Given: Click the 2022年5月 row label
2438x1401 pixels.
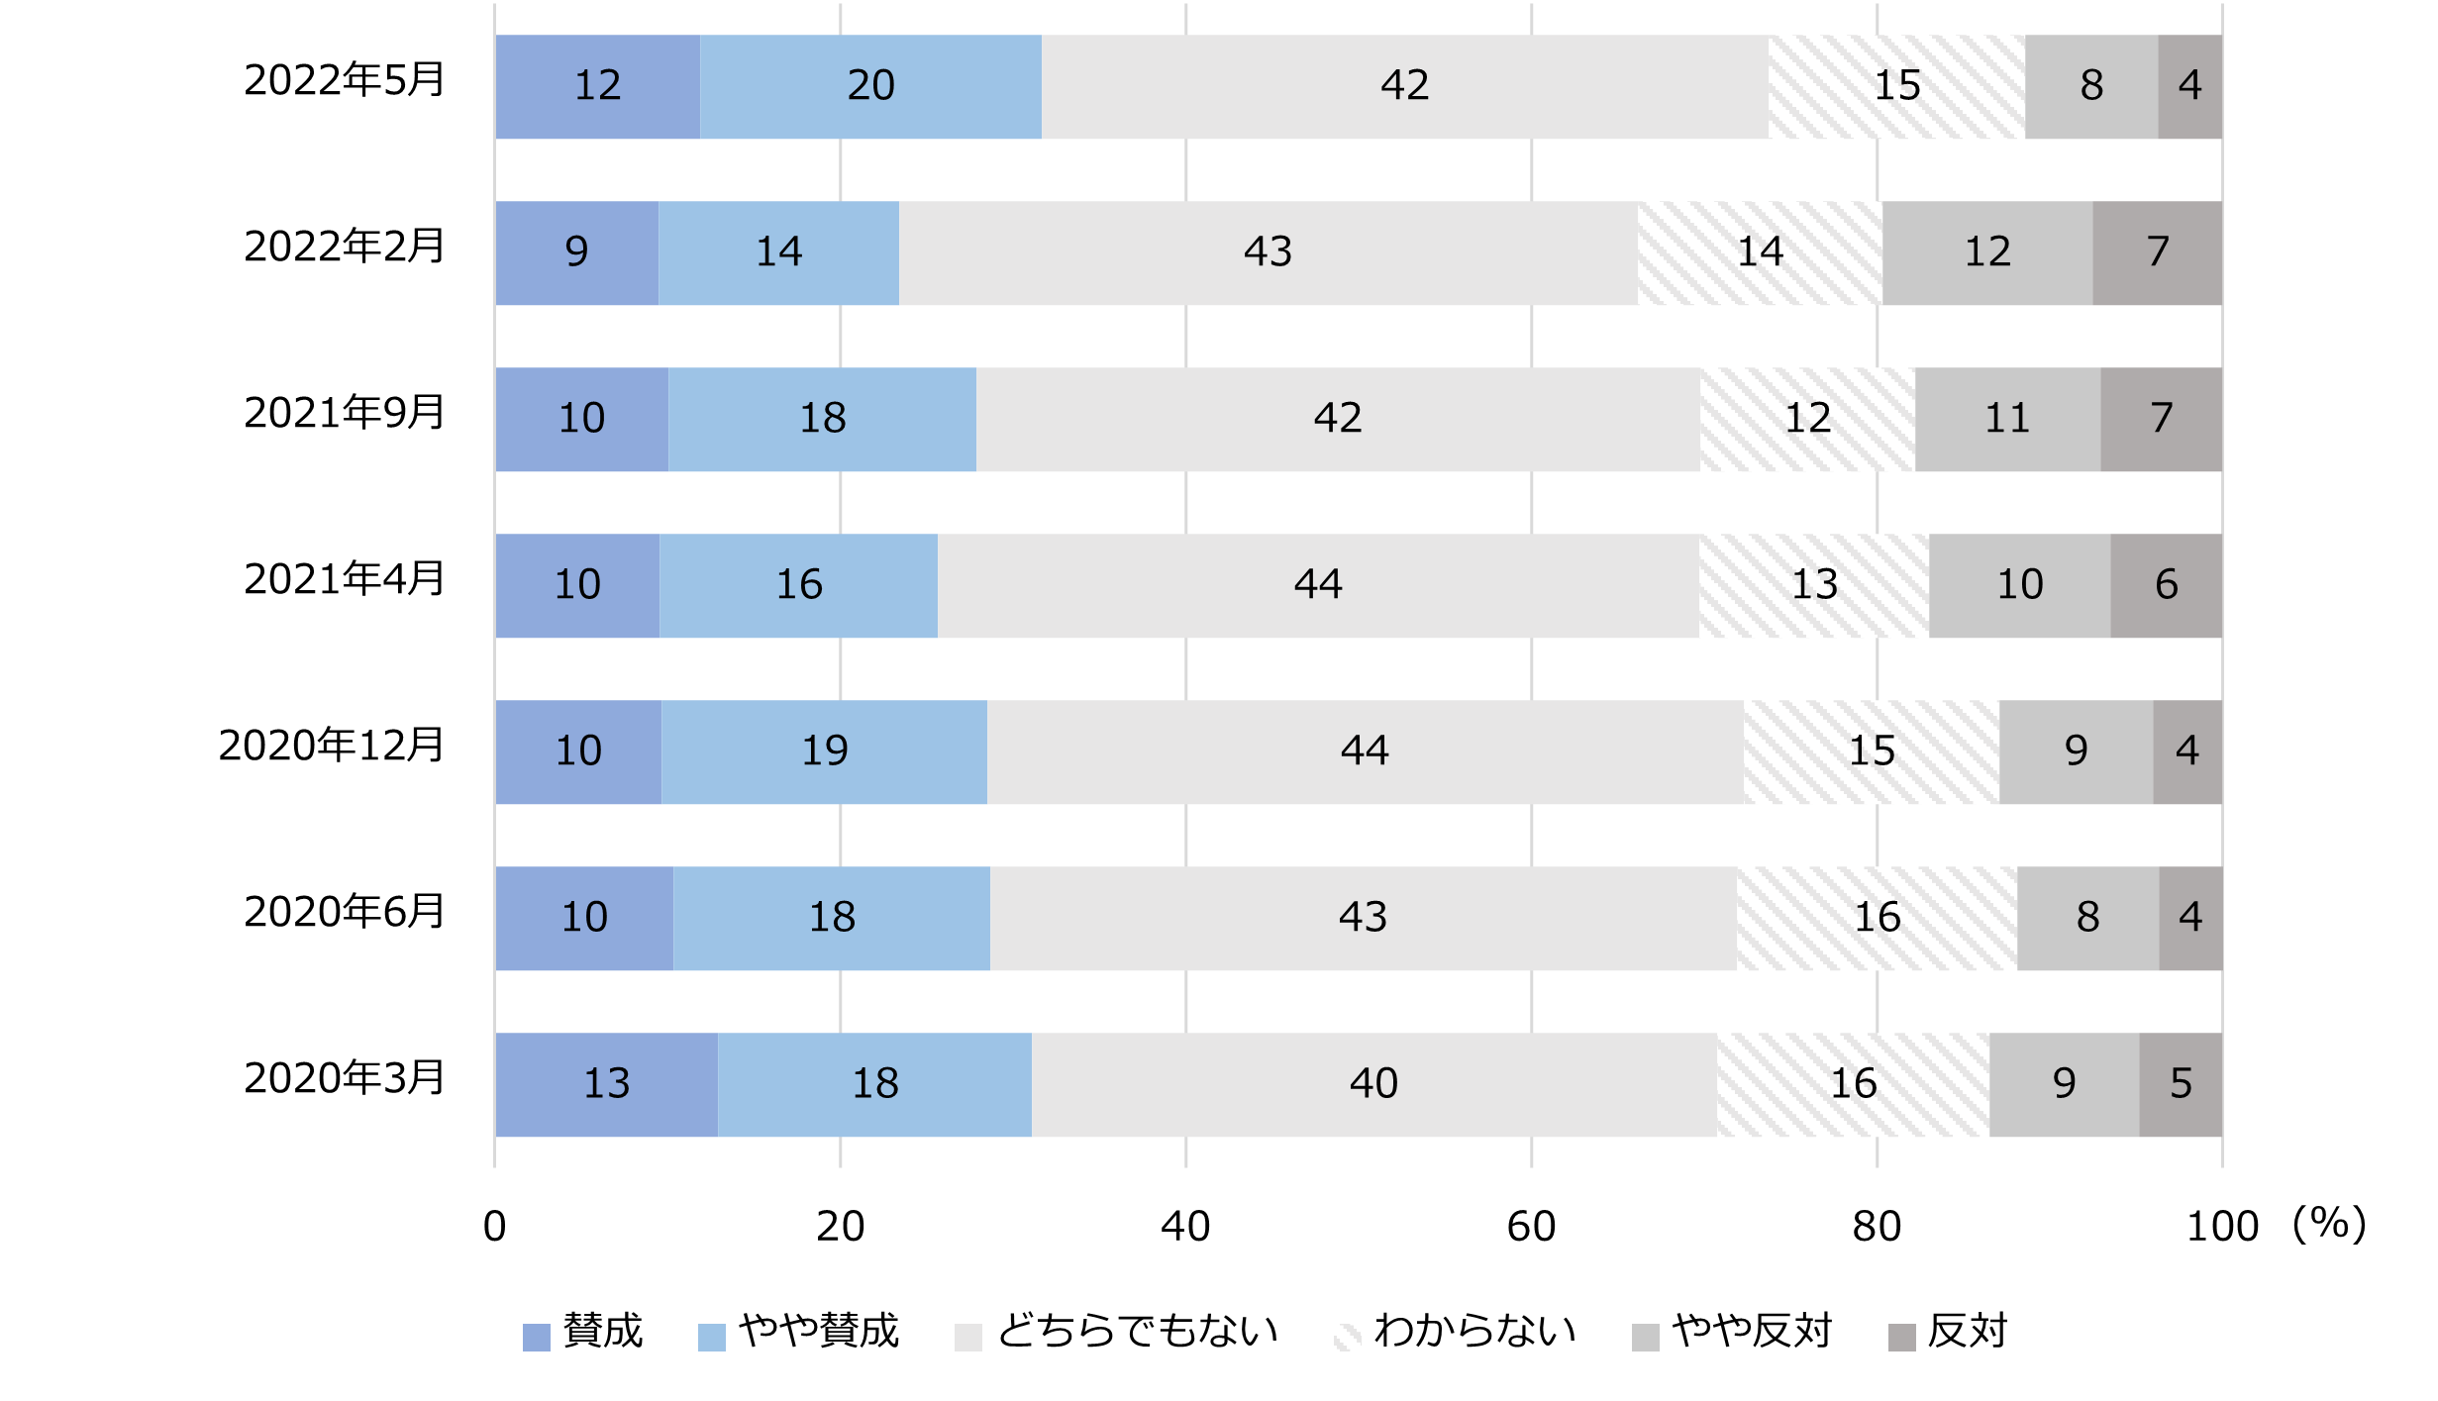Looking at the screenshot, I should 345,80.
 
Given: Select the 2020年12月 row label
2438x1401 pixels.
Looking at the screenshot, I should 332,746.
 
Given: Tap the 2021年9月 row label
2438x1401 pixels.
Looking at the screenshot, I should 345,413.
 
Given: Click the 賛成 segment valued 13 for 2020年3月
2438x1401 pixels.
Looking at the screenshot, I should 606,1084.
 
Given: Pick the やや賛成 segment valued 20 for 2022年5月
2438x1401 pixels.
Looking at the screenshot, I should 870,86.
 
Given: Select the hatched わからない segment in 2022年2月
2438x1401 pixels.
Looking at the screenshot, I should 1760,252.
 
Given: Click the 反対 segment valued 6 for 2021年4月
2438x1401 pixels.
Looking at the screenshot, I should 2166,585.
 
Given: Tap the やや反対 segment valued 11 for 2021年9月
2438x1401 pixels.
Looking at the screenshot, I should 2007,419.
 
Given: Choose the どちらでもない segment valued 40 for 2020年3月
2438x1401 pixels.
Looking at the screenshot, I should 1373,1084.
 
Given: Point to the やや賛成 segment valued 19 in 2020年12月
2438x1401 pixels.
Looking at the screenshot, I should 824,751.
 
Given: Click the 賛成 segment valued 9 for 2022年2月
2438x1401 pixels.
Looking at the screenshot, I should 576,252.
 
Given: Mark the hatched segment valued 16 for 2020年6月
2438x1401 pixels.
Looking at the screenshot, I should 1877,918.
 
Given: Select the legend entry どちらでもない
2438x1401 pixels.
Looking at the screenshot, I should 1117,1333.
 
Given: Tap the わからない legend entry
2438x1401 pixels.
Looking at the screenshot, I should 1456,1333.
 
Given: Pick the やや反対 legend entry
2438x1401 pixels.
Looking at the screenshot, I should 1733,1333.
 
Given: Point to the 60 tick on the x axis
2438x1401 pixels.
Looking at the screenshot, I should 1531,1227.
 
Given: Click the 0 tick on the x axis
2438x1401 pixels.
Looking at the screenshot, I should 494,1227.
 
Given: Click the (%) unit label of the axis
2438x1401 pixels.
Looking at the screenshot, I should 2329,1225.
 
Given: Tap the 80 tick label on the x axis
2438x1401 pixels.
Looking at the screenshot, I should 1877,1227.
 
